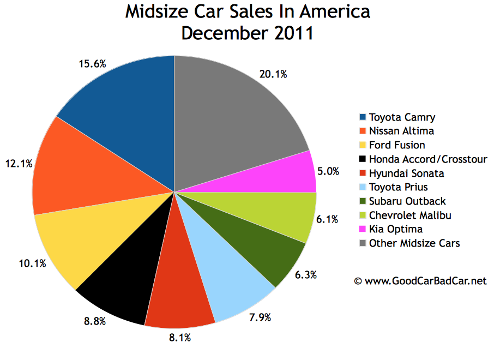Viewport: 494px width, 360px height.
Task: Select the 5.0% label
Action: click(x=329, y=171)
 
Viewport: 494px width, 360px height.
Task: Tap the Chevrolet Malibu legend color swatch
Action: click(x=363, y=215)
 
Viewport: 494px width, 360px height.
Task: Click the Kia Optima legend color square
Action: click(x=363, y=230)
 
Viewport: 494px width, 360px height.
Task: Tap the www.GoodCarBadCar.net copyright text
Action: click(x=420, y=281)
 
